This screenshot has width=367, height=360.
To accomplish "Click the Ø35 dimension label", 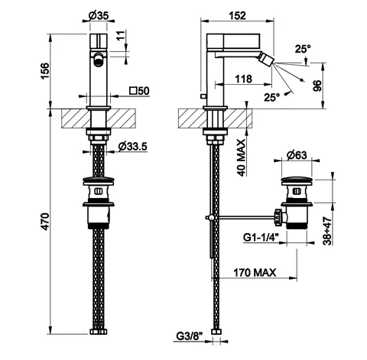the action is [x=99, y=16].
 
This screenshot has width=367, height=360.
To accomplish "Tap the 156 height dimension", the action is [x=45, y=70].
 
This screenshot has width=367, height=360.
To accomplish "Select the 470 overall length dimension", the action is [x=45, y=222].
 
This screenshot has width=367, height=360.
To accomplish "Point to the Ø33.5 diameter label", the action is [x=133, y=146].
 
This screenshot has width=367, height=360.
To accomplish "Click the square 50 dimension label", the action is [x=139, y=91].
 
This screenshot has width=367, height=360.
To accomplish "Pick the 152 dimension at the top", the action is [x=237, y=16].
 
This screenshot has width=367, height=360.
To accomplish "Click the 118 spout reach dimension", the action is [x=243, y=79].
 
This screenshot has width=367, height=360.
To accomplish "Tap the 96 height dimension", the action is [x=317, y=86].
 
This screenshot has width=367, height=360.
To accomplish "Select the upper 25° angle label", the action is [x=303, y=49].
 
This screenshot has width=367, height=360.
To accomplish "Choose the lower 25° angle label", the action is [x=271, y=97].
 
